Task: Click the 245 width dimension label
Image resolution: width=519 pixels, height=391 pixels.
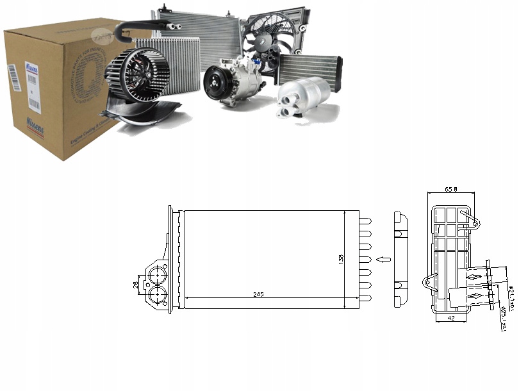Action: point(258,294)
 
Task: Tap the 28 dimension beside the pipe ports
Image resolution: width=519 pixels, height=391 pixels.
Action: point(135,284)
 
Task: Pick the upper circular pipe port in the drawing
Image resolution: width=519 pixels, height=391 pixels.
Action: point(156,276)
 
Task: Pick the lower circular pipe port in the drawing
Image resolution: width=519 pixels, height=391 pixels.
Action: point(156,295)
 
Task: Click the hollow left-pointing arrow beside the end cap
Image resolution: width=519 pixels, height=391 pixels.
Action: point(383,259)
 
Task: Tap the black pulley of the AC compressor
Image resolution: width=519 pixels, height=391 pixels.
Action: point(215,83)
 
